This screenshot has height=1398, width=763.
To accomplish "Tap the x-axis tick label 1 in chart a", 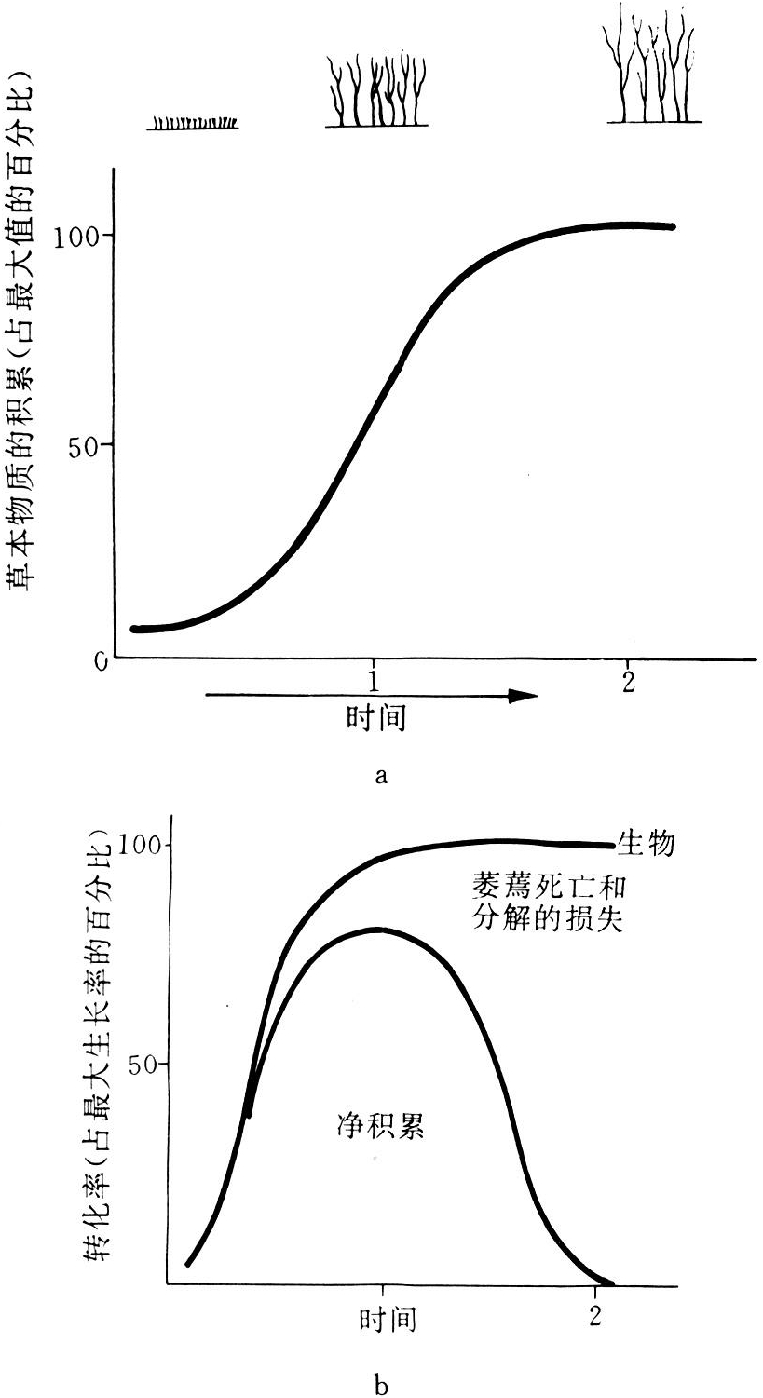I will pyautogui.click(x=373, y=677).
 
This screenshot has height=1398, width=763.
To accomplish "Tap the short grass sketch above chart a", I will pyautogui.click(x=194, y=122).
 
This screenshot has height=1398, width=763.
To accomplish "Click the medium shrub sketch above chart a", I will pyautogui.click(x=376, y=93).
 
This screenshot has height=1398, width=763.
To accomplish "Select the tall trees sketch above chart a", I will pyautogui.click(x=654, y=65).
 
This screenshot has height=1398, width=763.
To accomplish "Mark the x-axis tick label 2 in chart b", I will pyautogui.click(x=596, y=1317).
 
